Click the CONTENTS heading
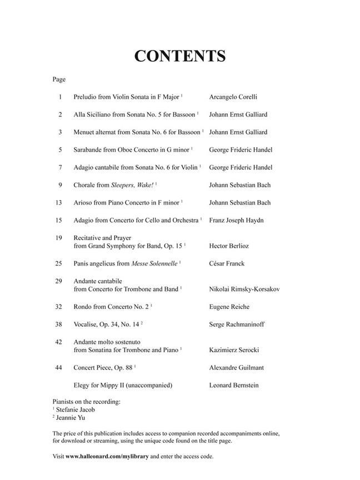coord(180,56)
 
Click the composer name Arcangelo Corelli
coord(233,97)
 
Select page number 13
coord(59,202)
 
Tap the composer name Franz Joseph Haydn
coord(236,220)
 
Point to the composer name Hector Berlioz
coord(228,245)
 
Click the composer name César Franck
coord(227,263)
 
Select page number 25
coord(59,263)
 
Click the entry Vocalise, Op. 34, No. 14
coord(108,324)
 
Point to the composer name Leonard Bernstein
coord(233,385)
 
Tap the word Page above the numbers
coord(59,79)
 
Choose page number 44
coord(59,367)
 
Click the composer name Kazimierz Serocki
coord(234,350)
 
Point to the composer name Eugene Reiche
coord(229,307)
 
